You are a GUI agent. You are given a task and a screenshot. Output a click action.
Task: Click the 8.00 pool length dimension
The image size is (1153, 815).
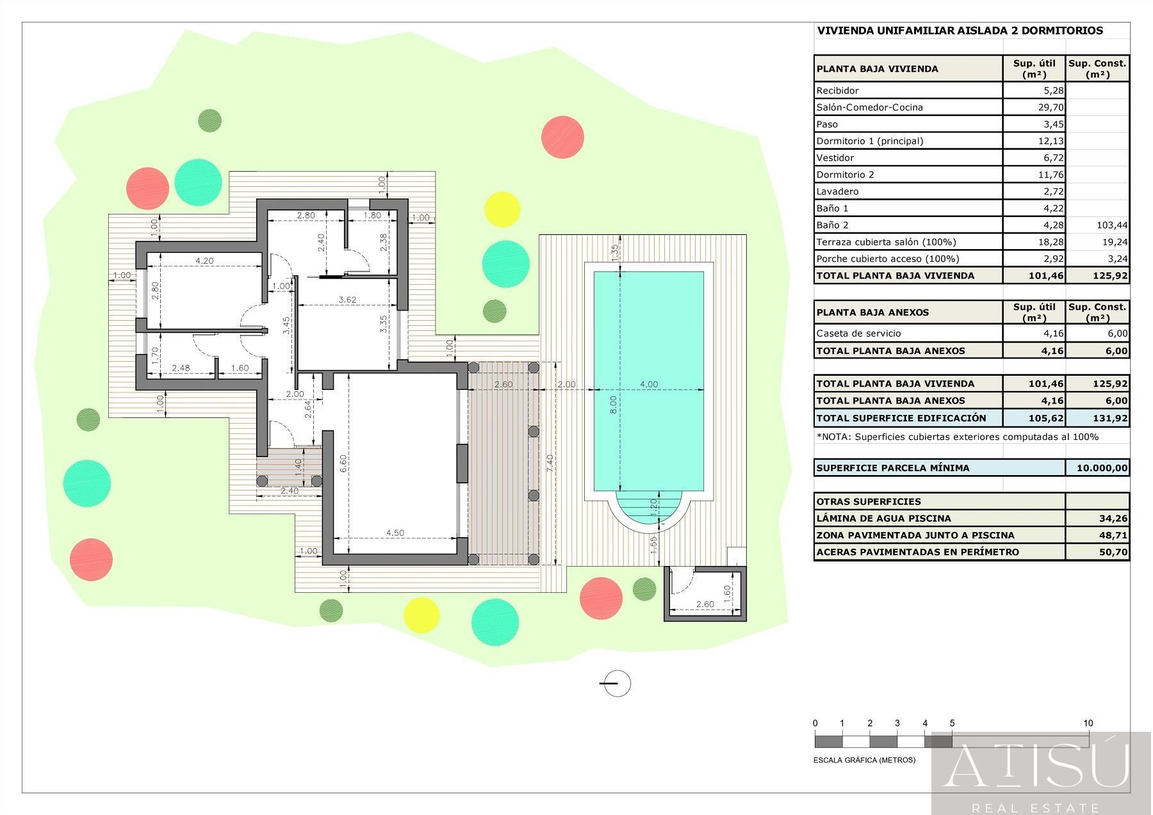pos(613,403)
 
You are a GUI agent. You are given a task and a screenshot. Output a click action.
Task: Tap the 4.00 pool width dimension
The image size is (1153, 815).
pos(649,385)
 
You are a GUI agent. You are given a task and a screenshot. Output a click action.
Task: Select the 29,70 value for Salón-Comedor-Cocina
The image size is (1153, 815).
pos(1051,108)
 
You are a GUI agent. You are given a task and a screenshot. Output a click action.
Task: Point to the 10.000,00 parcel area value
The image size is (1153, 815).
pos(1102,468)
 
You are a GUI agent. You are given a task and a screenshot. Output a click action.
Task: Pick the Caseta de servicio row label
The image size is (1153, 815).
pos(858,334)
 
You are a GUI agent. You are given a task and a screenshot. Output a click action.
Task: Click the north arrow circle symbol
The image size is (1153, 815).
pos(617,684)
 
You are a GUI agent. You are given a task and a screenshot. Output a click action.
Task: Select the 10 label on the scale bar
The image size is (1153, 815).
pos(1088,723)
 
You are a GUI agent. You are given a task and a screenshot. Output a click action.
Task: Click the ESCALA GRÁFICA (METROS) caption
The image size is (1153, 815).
pos(864,761)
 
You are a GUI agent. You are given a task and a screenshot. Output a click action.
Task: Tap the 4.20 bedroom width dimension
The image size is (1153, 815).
pos(204,261)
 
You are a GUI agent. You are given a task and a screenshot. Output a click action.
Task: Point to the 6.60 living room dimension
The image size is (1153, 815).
pos(343,464)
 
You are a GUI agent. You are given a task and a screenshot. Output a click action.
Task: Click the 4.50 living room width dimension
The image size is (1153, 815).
pos(395,533)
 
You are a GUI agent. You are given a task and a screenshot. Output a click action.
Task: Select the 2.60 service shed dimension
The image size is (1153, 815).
pos(705,604)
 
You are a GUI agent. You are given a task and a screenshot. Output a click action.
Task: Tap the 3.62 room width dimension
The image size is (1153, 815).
pos(347,300)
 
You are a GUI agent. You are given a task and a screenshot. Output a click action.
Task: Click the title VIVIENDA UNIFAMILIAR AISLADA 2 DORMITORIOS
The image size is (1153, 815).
pos(960,30)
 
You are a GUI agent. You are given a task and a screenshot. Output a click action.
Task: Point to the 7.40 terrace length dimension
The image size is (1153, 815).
pos(550,464)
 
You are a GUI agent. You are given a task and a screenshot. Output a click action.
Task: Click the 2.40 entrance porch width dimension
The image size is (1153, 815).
pos(290,491)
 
